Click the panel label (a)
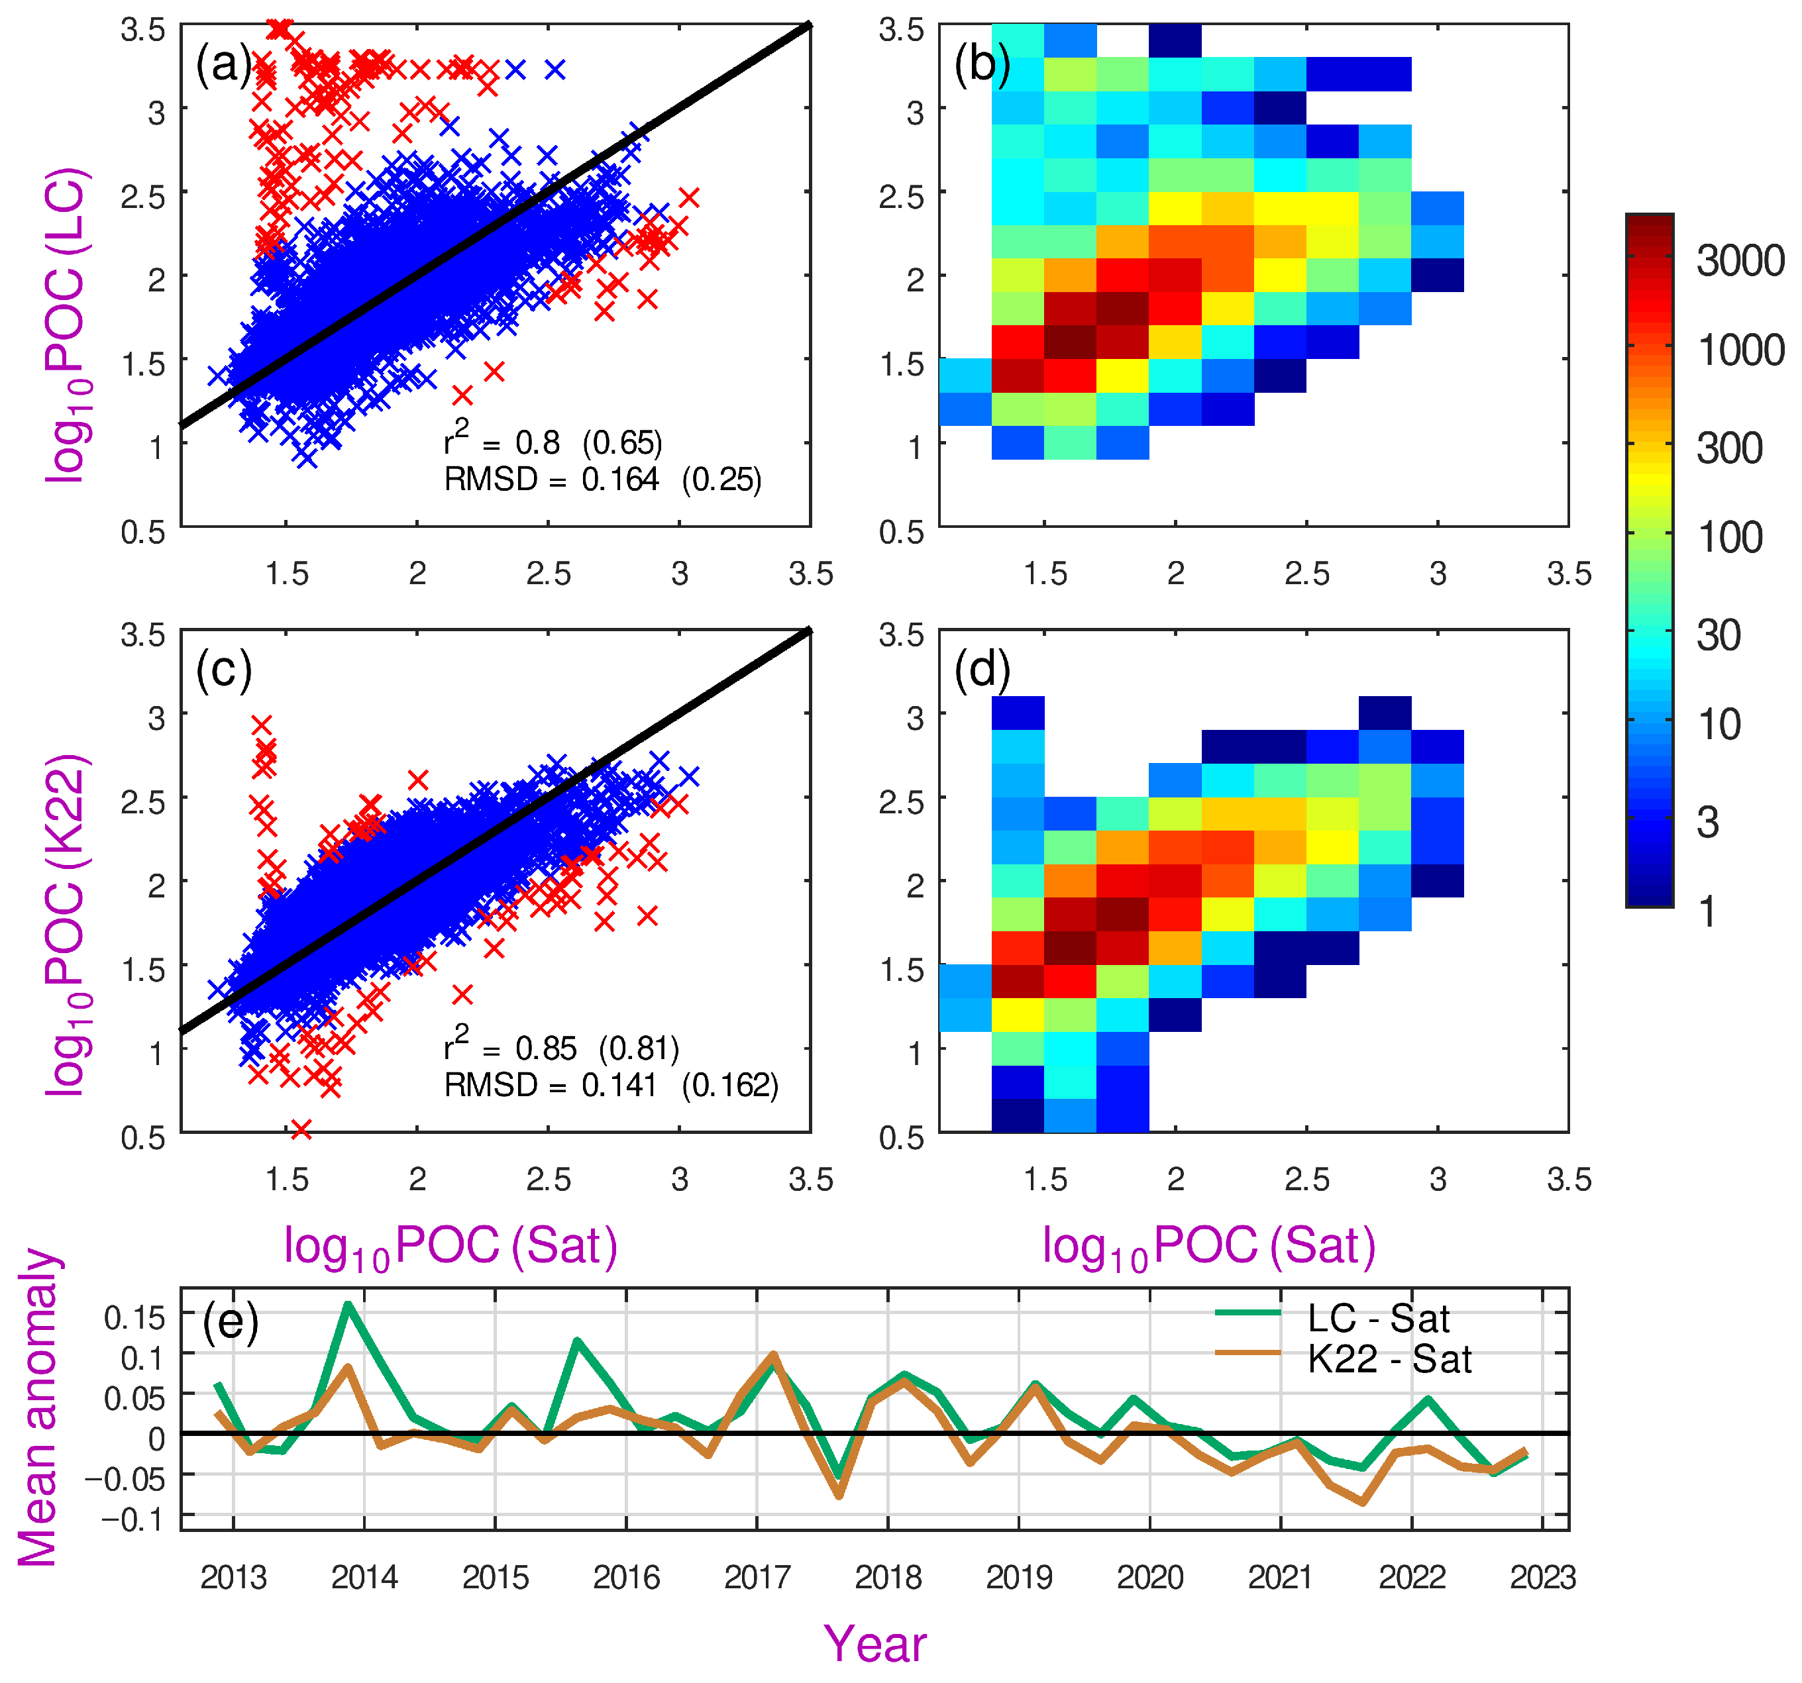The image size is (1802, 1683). point(223,66)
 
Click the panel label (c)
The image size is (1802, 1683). point(223,672)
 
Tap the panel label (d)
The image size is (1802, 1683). point(982,672)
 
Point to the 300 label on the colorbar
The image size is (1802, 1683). point(1730,448)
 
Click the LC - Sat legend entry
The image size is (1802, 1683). point(1332,1319)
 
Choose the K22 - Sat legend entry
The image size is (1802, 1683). point(1344,1360)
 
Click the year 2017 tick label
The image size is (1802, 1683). point(757,1578)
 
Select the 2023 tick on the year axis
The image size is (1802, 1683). point(1543,1578)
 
